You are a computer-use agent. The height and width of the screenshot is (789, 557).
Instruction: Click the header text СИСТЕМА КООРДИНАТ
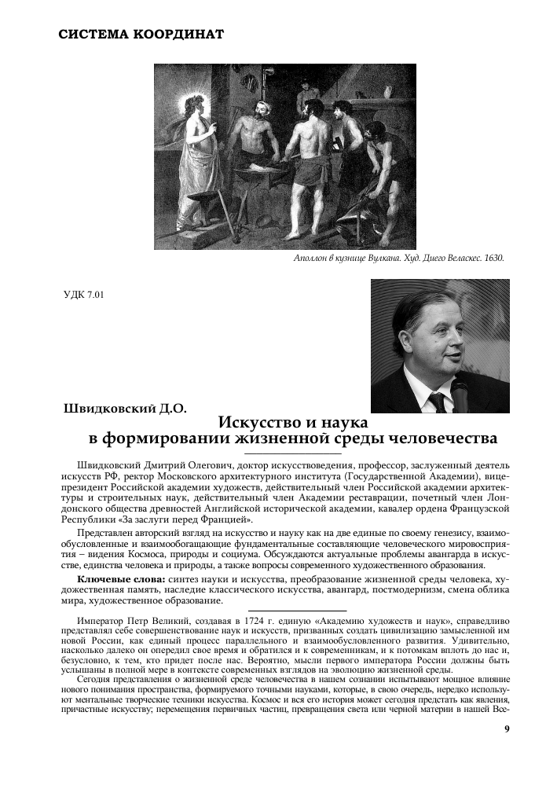pyautogui.click(x=141, y=35)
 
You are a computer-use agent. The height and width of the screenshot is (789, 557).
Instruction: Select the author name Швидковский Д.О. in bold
pyautogui.click(x=124, y=409)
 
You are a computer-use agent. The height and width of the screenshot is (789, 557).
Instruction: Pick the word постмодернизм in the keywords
pyautogui.click(x=393, y=589)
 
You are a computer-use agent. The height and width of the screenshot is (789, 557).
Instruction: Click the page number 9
pyautogui.click(x=507, y=728)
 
